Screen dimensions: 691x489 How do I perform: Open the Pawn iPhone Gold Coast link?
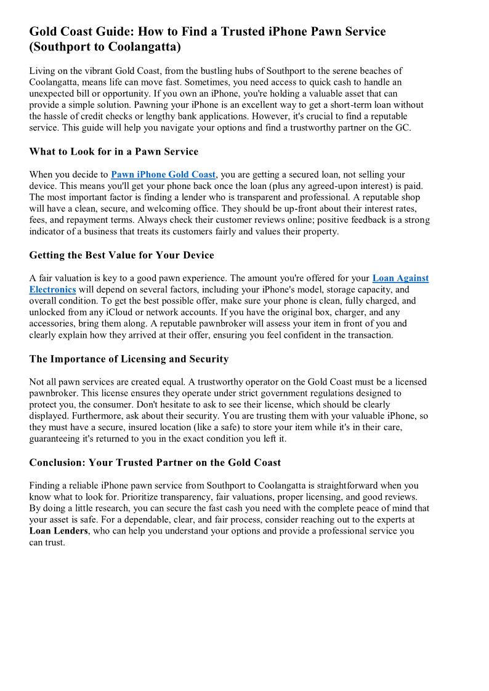[x=163, y=175]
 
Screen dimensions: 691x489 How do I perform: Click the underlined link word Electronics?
[x=52, y=289]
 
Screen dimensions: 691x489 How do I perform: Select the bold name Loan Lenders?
[x=59, y=530]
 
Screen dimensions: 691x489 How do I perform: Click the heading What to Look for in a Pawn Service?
[x=113, y=151]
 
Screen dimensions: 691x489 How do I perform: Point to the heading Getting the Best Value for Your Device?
[x=121, y=255]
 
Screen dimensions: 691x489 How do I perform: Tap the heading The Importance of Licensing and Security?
[x=129, y=359]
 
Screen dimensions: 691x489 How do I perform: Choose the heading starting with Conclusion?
[x=155, y=462]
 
